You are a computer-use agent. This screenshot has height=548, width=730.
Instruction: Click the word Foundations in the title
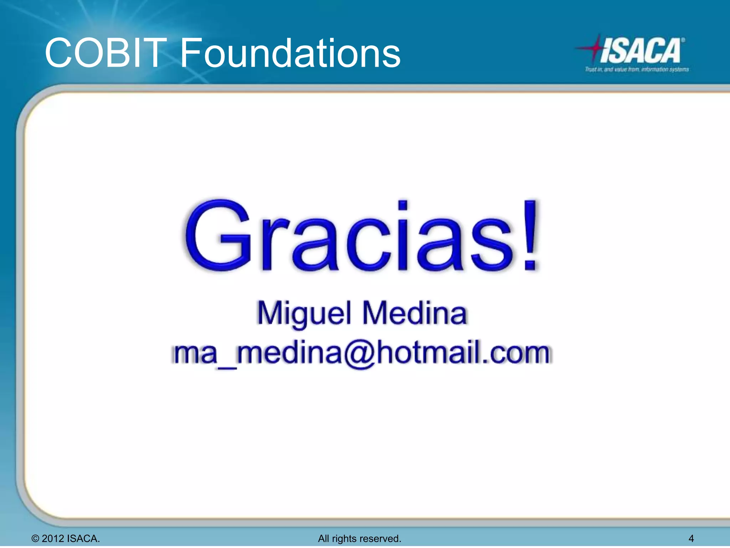[290, 54]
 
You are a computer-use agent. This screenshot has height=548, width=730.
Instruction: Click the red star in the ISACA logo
[594, 48]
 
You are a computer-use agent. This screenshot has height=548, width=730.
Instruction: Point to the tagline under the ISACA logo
[637, 69]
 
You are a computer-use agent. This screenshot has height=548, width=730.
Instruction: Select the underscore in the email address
[227, 367]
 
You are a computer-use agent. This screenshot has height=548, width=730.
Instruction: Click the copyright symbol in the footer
[35, 538]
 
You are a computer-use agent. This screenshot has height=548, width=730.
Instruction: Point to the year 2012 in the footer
[53, 538]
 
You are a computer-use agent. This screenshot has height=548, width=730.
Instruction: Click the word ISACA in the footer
[83, 538]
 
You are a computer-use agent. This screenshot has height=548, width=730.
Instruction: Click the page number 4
[691, 538]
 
